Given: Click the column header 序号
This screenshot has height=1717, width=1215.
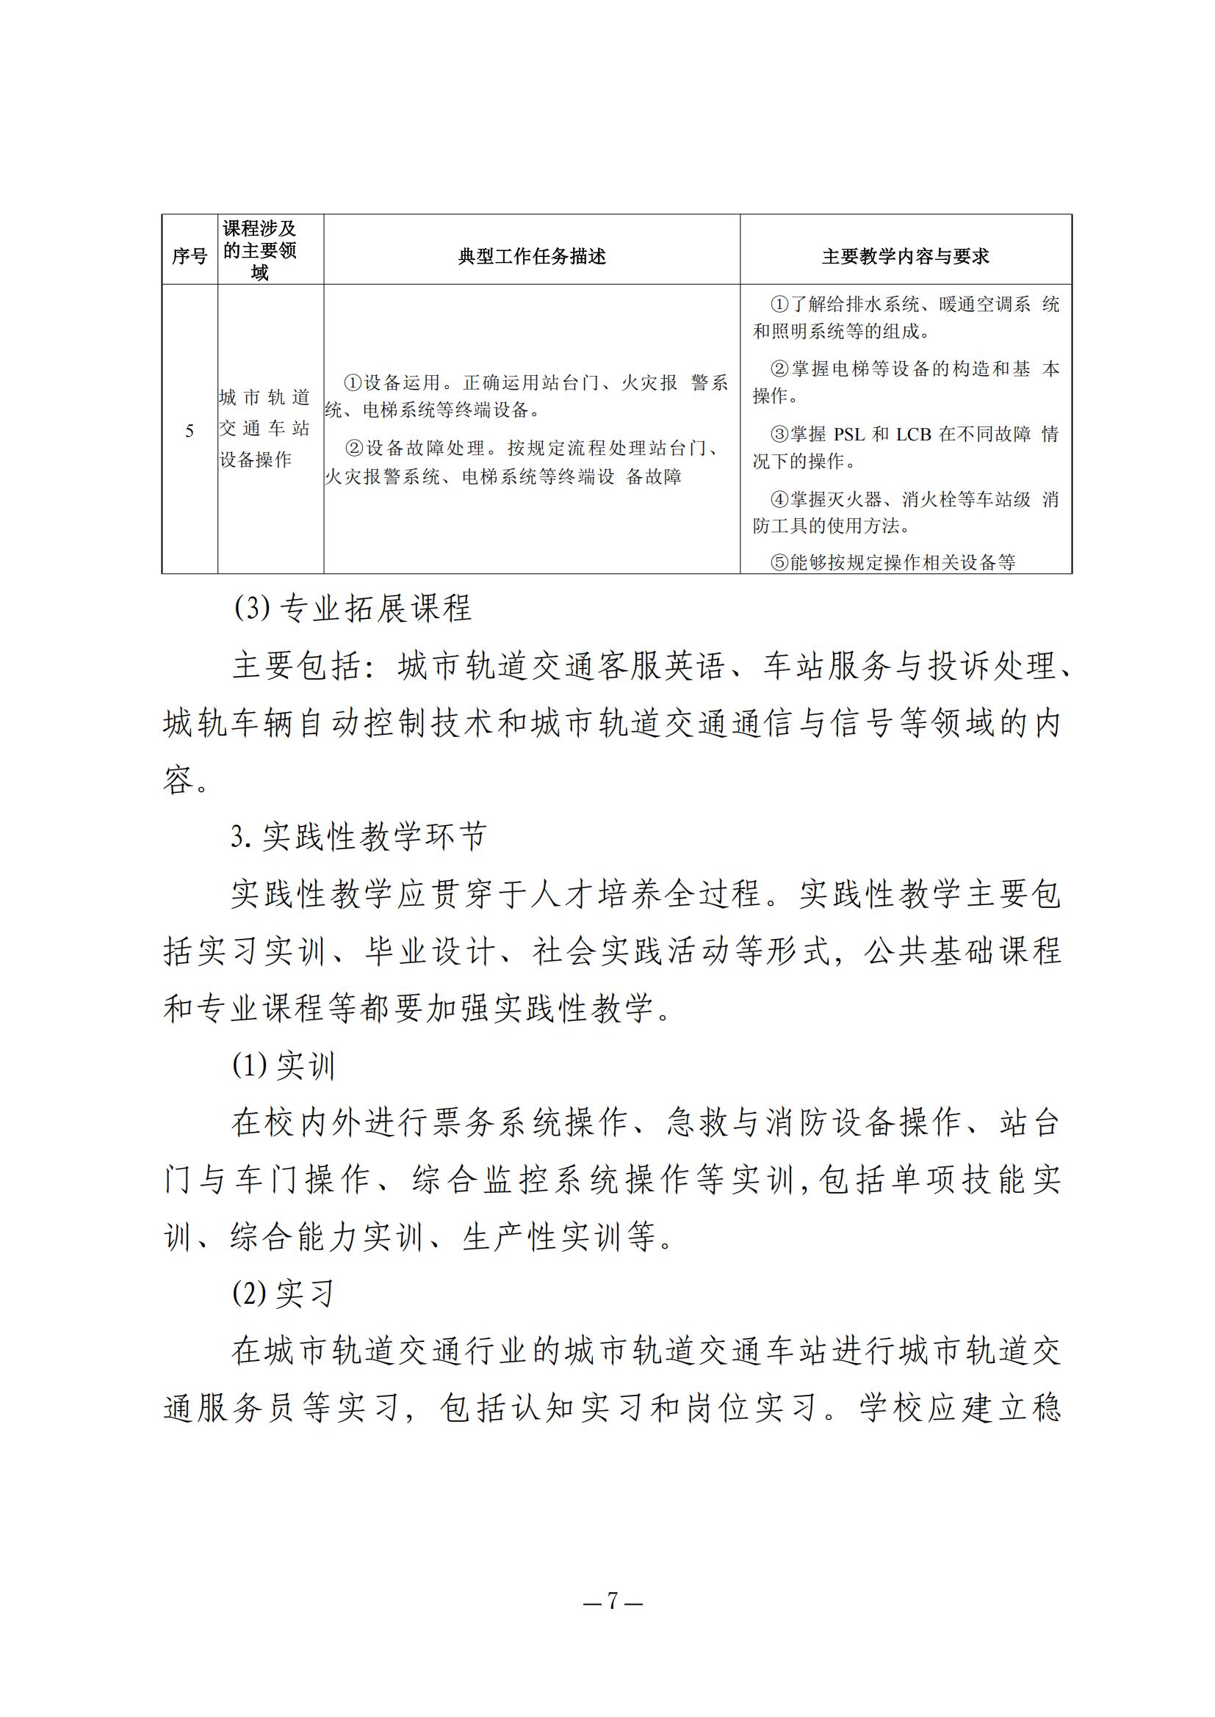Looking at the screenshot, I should click(x=190, y=256).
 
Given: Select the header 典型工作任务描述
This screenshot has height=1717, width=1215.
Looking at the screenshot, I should click(x=531, y=256).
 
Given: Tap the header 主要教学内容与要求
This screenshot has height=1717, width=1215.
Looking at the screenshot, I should click(x=905, y=256).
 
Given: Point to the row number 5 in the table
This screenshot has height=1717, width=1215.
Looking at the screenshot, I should click(x=190, y=431).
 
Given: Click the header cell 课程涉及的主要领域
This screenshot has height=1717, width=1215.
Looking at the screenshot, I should click(x=259, y=250).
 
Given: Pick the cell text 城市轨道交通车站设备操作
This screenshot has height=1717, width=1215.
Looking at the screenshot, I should click(x=264, y=428).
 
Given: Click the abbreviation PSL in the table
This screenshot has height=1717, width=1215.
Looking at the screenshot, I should click(x=849, y=434).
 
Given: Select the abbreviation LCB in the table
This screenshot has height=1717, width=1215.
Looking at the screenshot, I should click(x=914, y=434).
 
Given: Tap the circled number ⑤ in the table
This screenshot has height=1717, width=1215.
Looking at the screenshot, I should click(x=779, y=562).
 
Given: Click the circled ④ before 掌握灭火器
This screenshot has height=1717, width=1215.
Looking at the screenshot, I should click(x=779, y=498).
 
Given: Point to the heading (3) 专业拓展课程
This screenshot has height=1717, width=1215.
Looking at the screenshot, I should click(x=353, y=608).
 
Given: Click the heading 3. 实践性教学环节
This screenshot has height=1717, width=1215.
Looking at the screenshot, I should click(x=358, y=836).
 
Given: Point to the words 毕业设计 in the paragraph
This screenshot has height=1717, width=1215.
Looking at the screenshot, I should click(x=430, y=951).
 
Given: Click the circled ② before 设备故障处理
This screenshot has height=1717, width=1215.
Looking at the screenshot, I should click(x=354, y=448).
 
